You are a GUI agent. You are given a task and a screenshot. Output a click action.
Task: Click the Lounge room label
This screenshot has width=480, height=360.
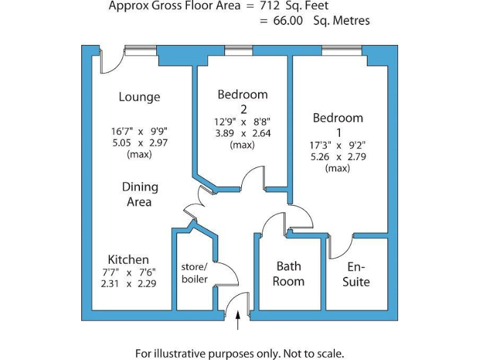pyautogui.click(x=139, y=97)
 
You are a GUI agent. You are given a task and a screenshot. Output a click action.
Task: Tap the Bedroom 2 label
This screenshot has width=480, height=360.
pyautogui.click(x=242, y=101)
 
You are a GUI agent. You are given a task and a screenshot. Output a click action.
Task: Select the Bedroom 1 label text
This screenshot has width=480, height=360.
pyautogui.click(x=337, y=124)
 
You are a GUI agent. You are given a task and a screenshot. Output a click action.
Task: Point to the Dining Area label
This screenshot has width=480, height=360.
pyautogui.click(x=139, y=194)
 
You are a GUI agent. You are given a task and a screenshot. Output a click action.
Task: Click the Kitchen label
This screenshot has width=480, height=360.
pyautogui.click(x=128, y=259)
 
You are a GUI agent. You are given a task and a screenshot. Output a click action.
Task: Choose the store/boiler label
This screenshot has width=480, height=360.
pyautogui.click(x=194, y=272)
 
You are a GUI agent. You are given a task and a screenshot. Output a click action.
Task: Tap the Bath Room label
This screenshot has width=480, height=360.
pyautogui.click(x=289, y=274)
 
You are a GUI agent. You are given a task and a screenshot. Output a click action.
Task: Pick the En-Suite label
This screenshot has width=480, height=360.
pyautogui.click(x=356, y=274)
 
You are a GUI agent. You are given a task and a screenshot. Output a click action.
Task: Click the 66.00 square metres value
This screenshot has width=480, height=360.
pyautogui.click(x=288, y=21)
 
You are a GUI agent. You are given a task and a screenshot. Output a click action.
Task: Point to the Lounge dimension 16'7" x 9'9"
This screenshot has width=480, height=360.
pyautogui.click(x=139, y=131)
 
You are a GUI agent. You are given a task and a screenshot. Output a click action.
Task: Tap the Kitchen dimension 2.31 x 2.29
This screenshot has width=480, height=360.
pyautogui.click(x=128, y=283)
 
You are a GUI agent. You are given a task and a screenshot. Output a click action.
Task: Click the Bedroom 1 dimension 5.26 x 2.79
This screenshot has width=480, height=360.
pyautogui.click(x=337, y=157)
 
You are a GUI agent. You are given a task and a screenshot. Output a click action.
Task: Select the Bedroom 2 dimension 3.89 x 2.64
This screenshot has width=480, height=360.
pyautogui.click(x=242, y=132)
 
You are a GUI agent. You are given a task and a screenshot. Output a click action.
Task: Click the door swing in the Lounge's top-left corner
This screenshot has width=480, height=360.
pyautogui.click(x=111, y=61)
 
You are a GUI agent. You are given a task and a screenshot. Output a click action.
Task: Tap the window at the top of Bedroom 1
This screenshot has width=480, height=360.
pyautogui.click(x=341, y=51)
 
